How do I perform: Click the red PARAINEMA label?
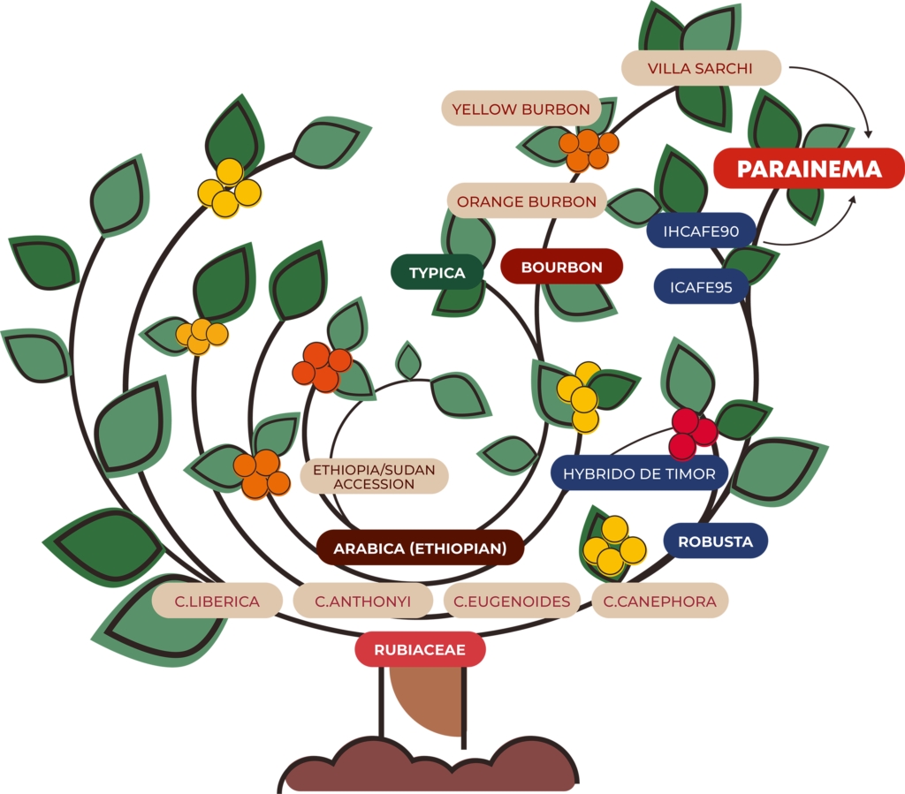coord(809,169)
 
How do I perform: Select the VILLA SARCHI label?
coord(701,68)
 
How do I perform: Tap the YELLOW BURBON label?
coord(521,110)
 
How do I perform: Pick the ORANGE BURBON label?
coord(527,201)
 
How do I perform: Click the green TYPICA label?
coord(437,273)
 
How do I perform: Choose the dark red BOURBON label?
coord(561,267)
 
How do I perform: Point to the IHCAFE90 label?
coord(701,231)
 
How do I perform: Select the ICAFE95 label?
coord(701,287)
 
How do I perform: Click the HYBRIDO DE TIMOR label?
coord(639,473)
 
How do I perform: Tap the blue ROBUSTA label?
coord(715,541)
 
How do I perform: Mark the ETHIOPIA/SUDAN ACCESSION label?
coord(374,477)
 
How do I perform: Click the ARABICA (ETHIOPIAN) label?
coord(420,548)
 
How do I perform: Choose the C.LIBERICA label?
coord(217,601)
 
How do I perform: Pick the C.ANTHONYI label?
coord(362,601)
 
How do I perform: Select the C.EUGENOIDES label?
coord(512,601)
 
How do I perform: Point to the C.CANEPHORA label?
coord(659,601)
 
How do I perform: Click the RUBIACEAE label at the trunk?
coord(420,650)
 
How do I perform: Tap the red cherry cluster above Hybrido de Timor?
coord(692,433)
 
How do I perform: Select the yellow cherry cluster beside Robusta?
coord(613,546)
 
